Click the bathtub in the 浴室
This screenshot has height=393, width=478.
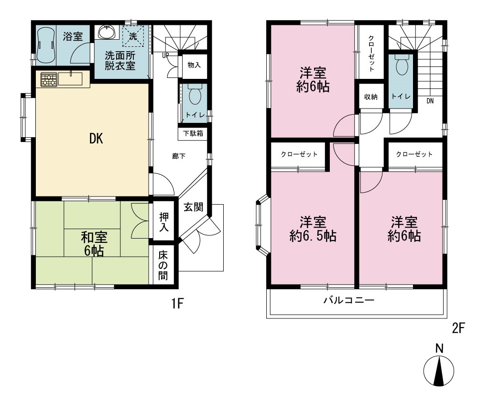click(x=46, y=45)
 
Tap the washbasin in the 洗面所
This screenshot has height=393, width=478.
click(x=107, y=33)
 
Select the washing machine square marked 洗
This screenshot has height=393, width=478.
click(x=132, y=36)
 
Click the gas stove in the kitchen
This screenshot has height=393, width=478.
click(x=48, y=79)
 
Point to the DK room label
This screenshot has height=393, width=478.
click(x=96, y=139)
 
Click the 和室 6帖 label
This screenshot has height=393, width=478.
click(x=94, y=244)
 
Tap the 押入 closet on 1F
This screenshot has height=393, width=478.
click(x=163, y=221)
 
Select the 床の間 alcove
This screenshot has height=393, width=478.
click(x=163, y=265)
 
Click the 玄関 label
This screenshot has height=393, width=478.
click(x=193, y=207)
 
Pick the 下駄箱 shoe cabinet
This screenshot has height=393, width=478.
click(x=193, y=133)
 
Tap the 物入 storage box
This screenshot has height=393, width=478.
click(x=194, y=65)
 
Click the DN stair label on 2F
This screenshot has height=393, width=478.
click(x=430, y=101)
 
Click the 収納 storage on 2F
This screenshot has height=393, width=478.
click(x=371, y=97)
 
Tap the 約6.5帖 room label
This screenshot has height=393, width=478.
click(x=313, y=229)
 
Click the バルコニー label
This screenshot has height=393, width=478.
click(x=349, y=301)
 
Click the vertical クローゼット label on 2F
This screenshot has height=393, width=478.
click(x=371, y=54)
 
